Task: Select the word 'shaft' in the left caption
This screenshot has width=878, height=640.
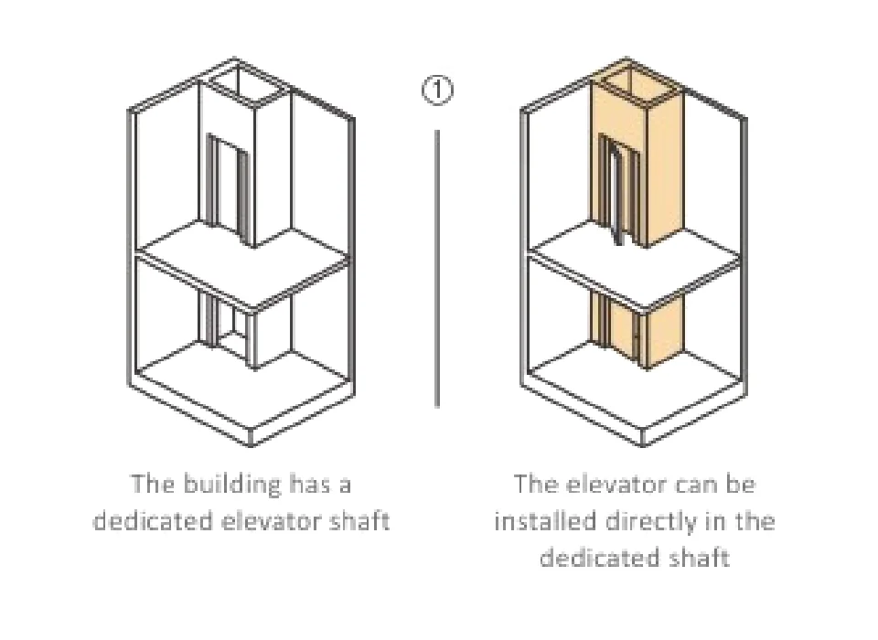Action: point(359,520)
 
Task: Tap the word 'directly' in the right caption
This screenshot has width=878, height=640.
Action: point(648,520)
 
